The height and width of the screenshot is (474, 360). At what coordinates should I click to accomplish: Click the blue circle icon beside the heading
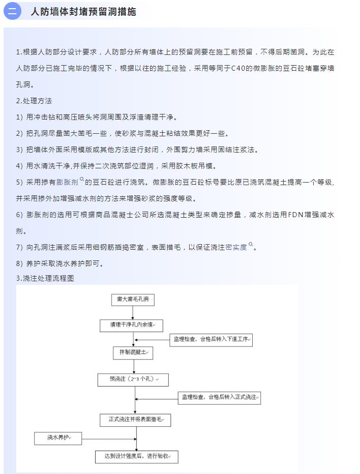point(12,11)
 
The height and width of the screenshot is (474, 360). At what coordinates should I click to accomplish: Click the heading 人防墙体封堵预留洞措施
point(83,12)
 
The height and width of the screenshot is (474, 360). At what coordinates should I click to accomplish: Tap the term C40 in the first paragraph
point(238,68)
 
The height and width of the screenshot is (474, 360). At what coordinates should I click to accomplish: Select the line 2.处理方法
point(34,101)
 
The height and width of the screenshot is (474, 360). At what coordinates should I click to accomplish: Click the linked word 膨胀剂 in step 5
point(67,182)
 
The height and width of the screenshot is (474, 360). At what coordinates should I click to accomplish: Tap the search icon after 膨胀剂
point(82,179)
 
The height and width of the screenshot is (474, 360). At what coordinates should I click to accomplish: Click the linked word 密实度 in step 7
point(236,247)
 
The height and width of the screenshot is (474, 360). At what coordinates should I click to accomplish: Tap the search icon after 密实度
point(251,244)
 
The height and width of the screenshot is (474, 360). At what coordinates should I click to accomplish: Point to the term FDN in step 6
point(295,215)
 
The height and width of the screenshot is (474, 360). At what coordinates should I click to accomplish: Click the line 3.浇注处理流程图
point(45,278)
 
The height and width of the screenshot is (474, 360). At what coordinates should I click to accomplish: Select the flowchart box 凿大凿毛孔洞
point(133,300)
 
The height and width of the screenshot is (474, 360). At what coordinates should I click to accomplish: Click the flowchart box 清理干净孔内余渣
point(132,325)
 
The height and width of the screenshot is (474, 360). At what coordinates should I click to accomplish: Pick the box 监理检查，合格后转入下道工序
point(211,340)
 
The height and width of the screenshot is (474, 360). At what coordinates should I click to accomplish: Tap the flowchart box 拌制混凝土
point(133,353)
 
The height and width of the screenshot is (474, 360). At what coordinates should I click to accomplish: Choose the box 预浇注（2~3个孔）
point(133,380)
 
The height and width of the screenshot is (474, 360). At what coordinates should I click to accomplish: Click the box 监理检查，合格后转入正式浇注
point(219,398)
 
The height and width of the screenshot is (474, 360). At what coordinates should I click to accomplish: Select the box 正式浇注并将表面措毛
point(135,420)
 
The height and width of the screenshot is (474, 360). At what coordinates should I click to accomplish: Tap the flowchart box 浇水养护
point(58,438)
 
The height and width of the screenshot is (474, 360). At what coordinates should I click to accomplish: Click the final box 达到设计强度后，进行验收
point(137,457)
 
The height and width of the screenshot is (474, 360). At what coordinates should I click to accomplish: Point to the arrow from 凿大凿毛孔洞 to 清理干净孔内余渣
point(133,313)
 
